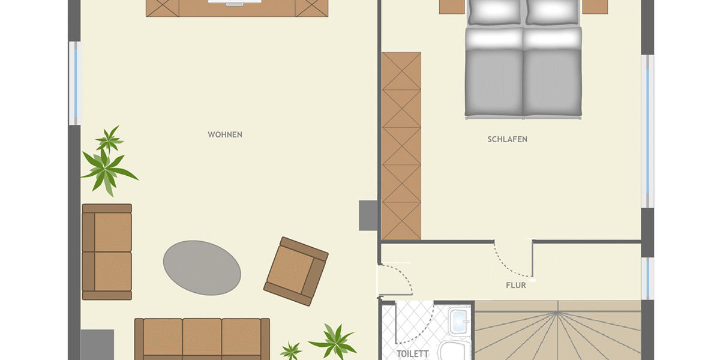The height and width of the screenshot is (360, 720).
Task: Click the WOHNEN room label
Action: (x=225, y=134)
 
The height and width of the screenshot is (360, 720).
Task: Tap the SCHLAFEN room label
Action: (x=507, y=139)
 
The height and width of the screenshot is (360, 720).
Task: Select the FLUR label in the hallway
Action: (x=516, y=286)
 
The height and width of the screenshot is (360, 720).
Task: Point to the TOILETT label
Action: (x=412, y=354)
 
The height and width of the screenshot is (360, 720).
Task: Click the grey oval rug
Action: (x=202, y=268)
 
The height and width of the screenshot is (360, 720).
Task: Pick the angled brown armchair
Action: (x=296, y=272)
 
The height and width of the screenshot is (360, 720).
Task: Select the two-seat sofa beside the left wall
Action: (x=107, y=251)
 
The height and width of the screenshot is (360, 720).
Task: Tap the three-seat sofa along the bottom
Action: (x=202, y=339)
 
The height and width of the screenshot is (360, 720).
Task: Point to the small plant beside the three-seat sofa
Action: (x=290, y=350)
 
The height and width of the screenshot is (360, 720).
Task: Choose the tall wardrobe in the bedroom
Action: (x=401, y=146)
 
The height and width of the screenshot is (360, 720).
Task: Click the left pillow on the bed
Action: (x=494, y=12)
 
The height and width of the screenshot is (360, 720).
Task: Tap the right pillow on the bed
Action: (x=552, y=12)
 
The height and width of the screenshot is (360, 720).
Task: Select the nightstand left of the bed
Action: (x=452, y=7)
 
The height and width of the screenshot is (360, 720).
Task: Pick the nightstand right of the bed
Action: (x=595, y=7)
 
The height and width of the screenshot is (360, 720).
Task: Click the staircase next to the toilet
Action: (x=558, y=331)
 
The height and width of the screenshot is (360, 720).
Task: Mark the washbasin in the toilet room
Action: (x=460, y=322)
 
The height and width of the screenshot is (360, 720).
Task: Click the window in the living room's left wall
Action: (x=75, y=83)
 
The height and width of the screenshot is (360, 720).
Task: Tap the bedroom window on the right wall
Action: (x=647, y=131)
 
